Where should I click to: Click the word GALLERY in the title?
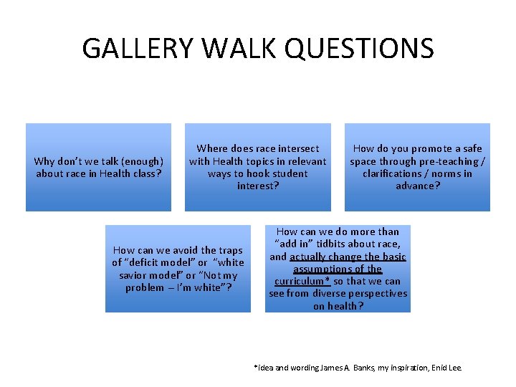click(x=136, y=48)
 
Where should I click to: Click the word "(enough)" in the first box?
click(x=141, y=161)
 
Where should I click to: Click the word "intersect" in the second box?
click(x=296, y=149)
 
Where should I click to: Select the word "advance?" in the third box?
click(x=418, y=186)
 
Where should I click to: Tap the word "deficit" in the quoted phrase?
click(x=140, y=262)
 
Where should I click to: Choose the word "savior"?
click(x=135, y=275)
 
